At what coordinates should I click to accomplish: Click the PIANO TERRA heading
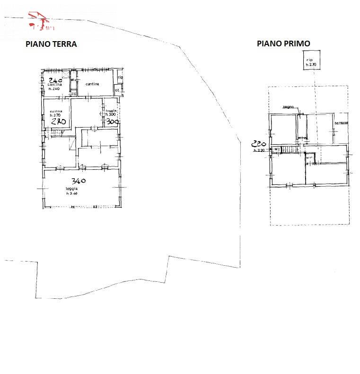[51, 44]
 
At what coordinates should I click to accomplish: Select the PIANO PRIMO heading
[283, 43]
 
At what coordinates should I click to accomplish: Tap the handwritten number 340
[79, 181]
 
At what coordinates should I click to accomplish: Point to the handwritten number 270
[58, 122]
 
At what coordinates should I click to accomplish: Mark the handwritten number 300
[112, 122]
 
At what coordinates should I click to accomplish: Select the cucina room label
[56, 111]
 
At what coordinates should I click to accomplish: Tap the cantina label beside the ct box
[92, 84]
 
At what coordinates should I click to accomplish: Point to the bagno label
[288, 107]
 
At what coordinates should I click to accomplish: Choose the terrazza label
[341, 123]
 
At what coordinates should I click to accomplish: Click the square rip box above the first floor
[310, 62]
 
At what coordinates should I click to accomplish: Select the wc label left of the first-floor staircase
[277, 149]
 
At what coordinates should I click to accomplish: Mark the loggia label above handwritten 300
[111, 111]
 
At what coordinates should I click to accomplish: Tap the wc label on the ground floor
[72, 80]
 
